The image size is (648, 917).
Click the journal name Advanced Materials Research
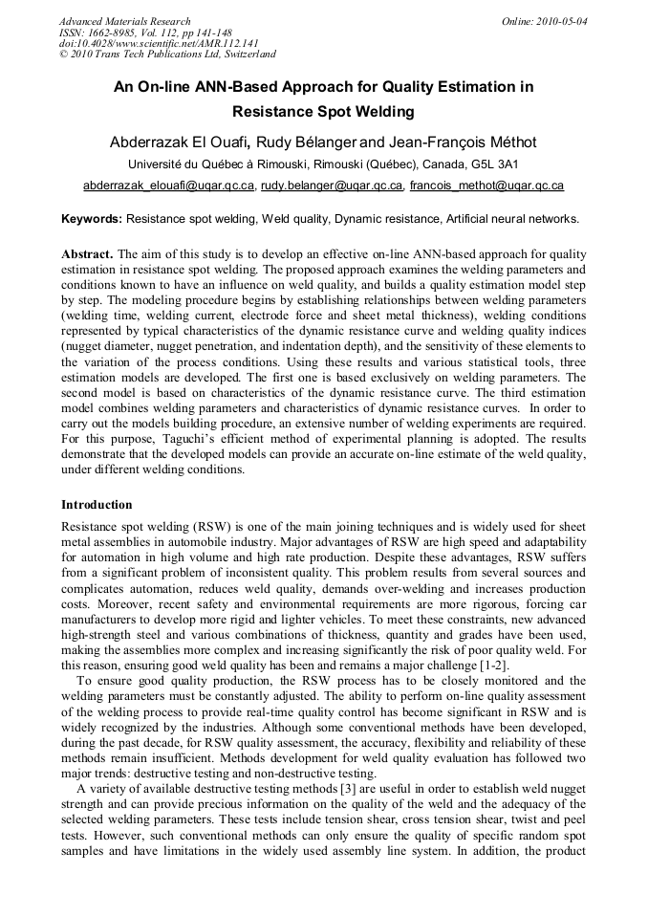pyautogui.click(x=124, y=21)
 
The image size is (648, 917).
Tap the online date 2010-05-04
pyautogui.click(x=558, y=21)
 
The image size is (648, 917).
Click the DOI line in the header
pyautogui.click(x=159, y=43)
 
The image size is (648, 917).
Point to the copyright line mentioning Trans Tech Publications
pyautogui.click(x=167, y=55)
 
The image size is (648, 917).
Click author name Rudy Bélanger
pyautogui.click(x=305, y=142)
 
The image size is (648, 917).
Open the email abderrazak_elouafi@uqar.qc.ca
pyautogui.click(x=168, y=186)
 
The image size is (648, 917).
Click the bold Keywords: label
pyautogui.click(x=92, y=219)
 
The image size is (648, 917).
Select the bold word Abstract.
pyautogui.click(x=87, y=255)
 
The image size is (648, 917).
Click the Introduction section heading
pyautogui.click(x=97, y=504)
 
